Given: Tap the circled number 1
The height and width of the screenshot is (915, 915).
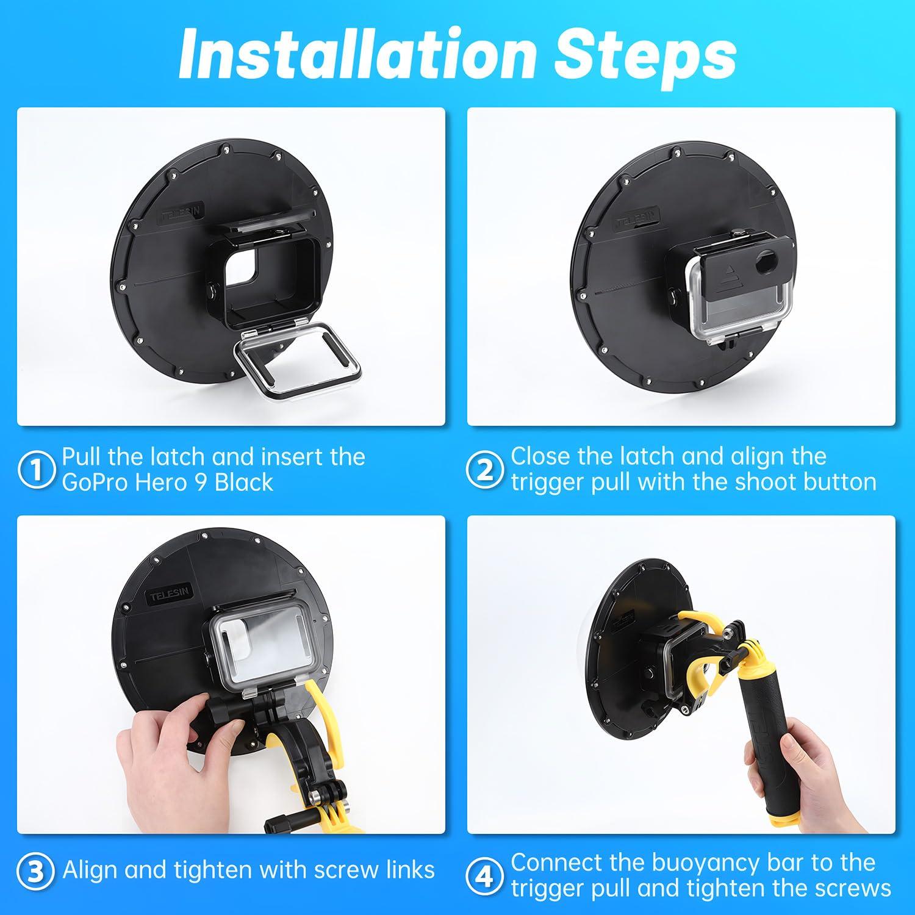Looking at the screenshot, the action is (37, 470).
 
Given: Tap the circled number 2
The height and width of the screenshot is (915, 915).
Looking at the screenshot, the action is (484, 470).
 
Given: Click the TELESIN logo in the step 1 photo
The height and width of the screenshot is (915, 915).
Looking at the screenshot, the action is (182, 212).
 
